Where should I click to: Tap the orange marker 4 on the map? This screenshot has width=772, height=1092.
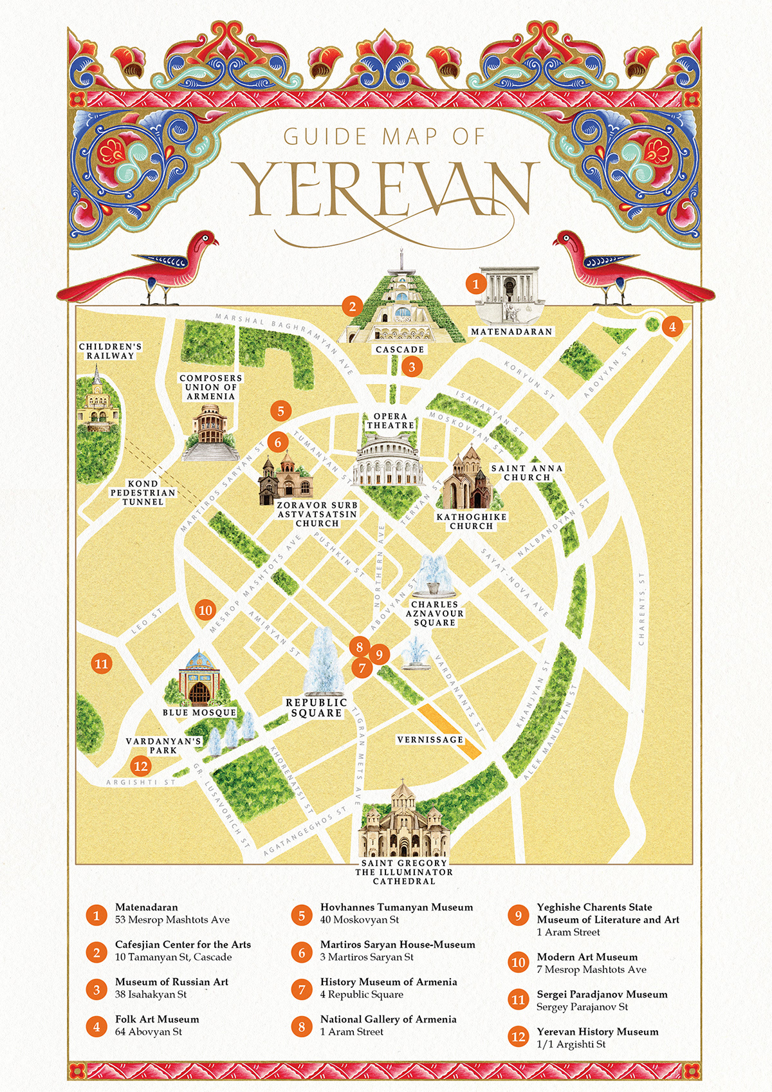coord(672,326)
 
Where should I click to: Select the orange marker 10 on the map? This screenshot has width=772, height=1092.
coord(205,610)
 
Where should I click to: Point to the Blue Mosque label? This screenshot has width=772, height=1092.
coord(199,712)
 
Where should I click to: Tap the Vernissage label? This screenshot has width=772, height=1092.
coord(430,739)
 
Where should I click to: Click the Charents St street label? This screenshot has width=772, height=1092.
coord(641,608)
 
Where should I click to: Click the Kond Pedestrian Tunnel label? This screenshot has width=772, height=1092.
coord(143,493)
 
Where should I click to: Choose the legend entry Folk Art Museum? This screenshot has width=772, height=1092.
coord(157,1019)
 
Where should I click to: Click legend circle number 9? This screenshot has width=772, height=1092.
coord(518,916)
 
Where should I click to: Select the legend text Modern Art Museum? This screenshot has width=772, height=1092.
coord(587,957)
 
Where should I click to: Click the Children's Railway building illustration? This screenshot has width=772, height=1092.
coord(98,402)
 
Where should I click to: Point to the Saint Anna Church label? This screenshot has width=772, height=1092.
coord(527,473)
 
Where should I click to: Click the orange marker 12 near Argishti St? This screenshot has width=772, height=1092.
coord(140,766)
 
